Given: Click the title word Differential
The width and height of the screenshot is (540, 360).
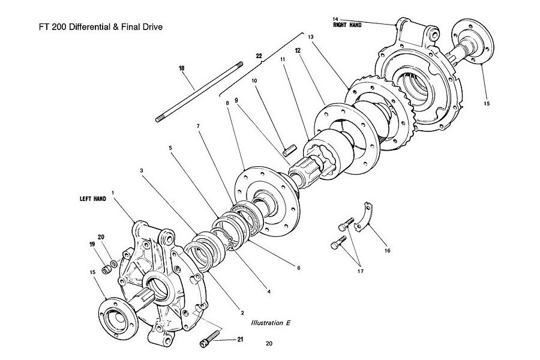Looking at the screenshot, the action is (89, 27).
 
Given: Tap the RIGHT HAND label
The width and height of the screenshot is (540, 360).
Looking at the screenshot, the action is (347, 25).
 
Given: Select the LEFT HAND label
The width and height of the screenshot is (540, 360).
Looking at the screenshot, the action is (93, 199).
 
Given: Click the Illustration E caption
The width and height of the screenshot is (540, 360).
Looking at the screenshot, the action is (271, 323).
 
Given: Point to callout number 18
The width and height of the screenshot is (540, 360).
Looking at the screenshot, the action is (181, 68).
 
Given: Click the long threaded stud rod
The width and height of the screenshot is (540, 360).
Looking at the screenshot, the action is (199, 92).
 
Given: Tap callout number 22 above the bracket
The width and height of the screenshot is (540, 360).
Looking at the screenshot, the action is (259, 55).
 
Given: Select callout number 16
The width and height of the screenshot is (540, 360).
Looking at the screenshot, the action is (388, 250).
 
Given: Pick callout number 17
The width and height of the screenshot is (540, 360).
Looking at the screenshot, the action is (360, 271).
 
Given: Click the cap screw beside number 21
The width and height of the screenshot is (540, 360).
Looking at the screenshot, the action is (209, 338).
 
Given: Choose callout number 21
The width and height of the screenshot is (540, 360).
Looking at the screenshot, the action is (240, 340).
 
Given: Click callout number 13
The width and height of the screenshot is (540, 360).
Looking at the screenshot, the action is (311, 37).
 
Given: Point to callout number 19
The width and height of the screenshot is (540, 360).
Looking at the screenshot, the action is (92, 244).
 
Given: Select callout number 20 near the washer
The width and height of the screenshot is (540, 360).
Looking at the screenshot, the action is (101, 237).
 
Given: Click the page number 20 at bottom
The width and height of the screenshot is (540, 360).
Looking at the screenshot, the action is (269, 343).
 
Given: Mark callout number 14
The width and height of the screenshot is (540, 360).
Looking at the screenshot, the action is (335, 19).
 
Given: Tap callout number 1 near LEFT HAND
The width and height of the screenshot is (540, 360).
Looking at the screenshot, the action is (113, 192).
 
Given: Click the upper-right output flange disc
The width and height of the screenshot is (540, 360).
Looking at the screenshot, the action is (473, 41).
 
